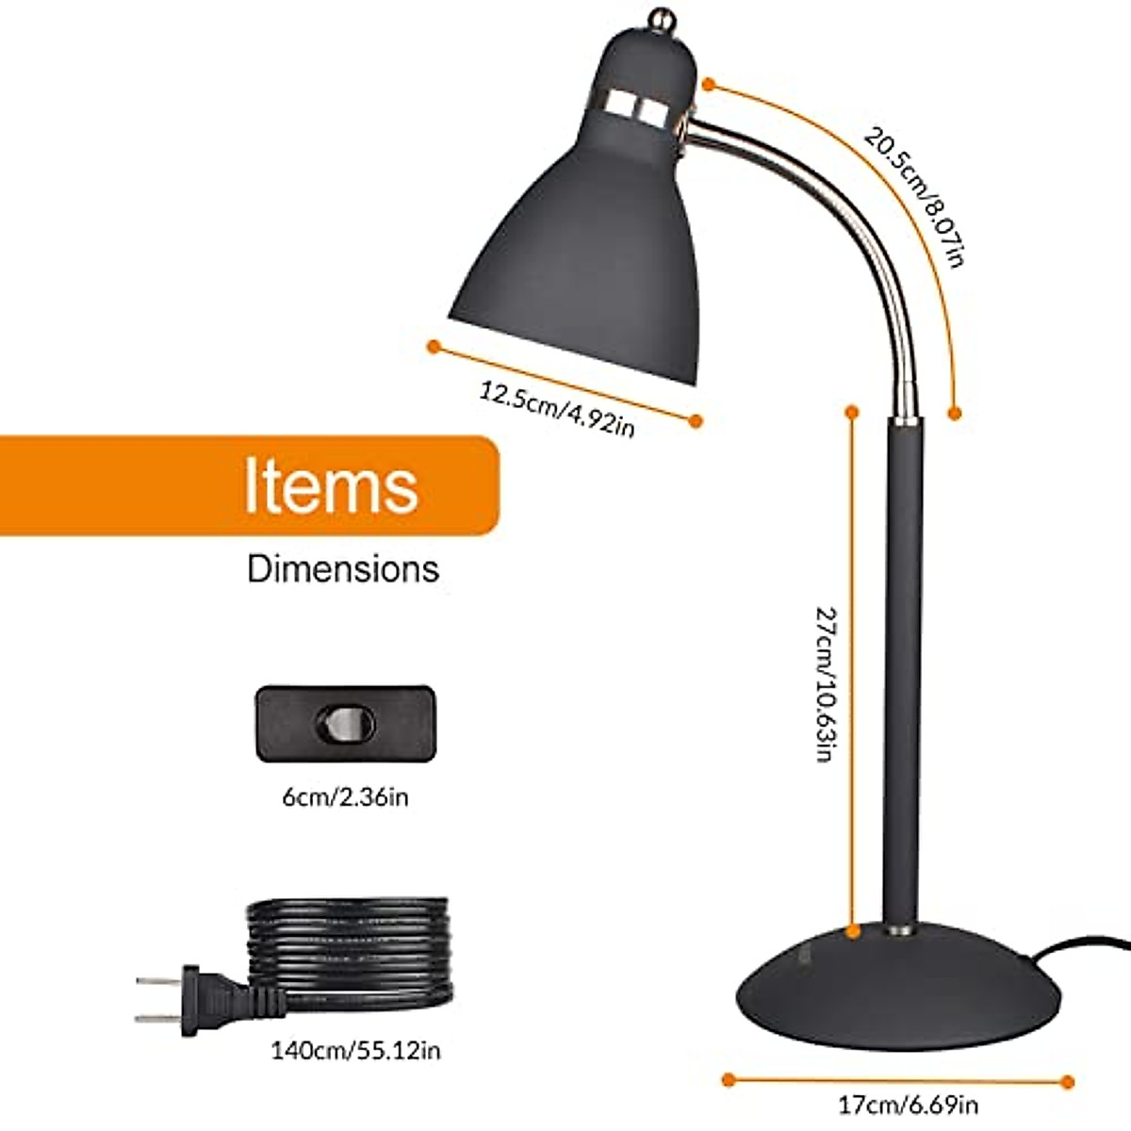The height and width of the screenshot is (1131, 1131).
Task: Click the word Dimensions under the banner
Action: [x=343, y=569]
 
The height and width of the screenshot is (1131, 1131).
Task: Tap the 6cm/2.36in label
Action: [x=345, y=797]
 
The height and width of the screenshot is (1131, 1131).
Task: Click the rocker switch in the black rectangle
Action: [x=345, y=724]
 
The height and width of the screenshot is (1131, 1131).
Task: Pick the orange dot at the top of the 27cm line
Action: [x=852, y=412]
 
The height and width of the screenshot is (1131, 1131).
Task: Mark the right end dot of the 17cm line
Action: [x=1067, y=1082]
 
